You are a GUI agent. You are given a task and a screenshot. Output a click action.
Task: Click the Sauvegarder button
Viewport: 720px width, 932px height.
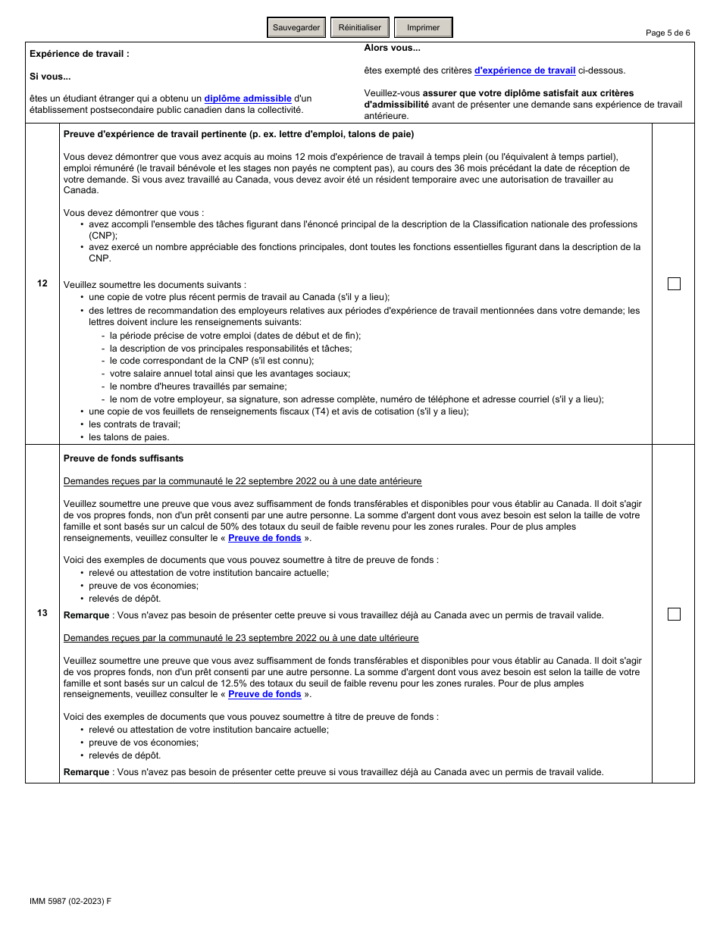pyautogui.click(x=296, y=27)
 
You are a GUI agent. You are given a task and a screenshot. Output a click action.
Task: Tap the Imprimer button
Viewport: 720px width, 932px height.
pyautogui.click(x=423, y=27)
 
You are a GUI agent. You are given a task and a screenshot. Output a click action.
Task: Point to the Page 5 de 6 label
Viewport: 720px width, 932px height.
pyautogui.click(x=667, y=33)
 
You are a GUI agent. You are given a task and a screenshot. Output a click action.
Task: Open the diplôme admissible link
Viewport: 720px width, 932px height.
pyautogui.click(x=248, y=99)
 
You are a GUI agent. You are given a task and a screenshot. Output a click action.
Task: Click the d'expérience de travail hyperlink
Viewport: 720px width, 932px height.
pyautogui.click(x=524, y=70)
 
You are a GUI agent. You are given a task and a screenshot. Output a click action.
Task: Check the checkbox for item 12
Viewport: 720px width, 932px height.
pyautogui.click(x=674, y=283)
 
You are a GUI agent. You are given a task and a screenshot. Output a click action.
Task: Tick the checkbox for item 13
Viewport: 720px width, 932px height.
pyautogui.click(x=674, y=614)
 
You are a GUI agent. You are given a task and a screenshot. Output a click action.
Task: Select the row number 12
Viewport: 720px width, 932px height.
pyautogui.click(x=42, y=283)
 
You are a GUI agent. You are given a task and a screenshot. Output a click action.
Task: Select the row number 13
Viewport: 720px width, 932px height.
pyautogui.click(x=42, y=613)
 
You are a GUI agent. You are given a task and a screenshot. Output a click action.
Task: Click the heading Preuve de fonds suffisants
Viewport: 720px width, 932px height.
pyautogui.click(x=124, y=458)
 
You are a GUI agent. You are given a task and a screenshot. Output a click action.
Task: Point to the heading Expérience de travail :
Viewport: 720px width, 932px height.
pyautogui.click(x=80, y=54)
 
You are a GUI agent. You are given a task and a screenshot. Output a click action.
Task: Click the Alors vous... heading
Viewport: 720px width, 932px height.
pyautogui.click(x=392, y=48)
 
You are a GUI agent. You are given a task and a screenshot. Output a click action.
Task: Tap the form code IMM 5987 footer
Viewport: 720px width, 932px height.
pyautogui.click(x=70, y=901)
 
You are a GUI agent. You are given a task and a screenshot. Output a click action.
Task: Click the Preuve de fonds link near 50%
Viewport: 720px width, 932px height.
pyautogui.click(x=265, y=538)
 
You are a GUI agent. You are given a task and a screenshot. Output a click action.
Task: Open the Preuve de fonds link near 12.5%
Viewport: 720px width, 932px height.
pyautogui.click(x=265, y=694)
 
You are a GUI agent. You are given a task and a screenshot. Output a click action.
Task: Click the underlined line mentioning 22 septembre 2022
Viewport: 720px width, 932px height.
pyautogui.click(x=243, y=481)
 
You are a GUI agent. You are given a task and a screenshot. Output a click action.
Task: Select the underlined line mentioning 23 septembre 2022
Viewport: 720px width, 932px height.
pyautogui.click(x=241, y=638)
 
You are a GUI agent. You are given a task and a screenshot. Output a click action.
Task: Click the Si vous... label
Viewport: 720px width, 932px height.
pyautogui.click(x=50, y=77)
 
